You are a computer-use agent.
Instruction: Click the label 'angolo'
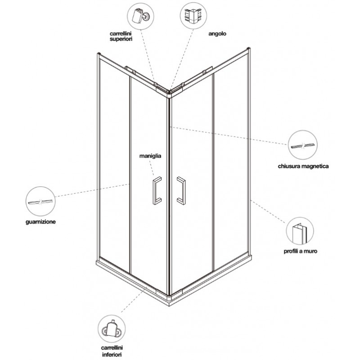(x=217, y=34)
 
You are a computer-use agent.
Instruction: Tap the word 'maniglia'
(x=150, y=156)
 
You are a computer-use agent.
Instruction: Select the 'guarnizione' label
(x=40, y=222)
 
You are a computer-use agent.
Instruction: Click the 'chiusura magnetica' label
(x=303, y=166)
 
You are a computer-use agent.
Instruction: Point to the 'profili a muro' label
(x=300, y=251)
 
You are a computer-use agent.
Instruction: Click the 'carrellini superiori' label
(x=121, y=36)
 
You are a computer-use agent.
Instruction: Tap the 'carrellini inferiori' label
(x=112, y=351)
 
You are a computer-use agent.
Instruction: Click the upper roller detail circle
(x=140, y=16)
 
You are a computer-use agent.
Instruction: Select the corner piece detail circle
(x=193, y=16)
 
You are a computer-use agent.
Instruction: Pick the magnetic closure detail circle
(x=303, y=145)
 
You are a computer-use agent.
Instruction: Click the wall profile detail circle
(x=300, y=231)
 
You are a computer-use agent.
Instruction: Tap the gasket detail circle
(x=40, y=201)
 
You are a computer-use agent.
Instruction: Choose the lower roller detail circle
(x=112, y=328)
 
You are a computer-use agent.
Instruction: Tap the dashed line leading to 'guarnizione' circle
(x=93, y=190)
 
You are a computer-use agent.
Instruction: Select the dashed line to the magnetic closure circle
(x=229, y=135)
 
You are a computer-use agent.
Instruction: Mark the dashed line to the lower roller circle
(x=134, y=299)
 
